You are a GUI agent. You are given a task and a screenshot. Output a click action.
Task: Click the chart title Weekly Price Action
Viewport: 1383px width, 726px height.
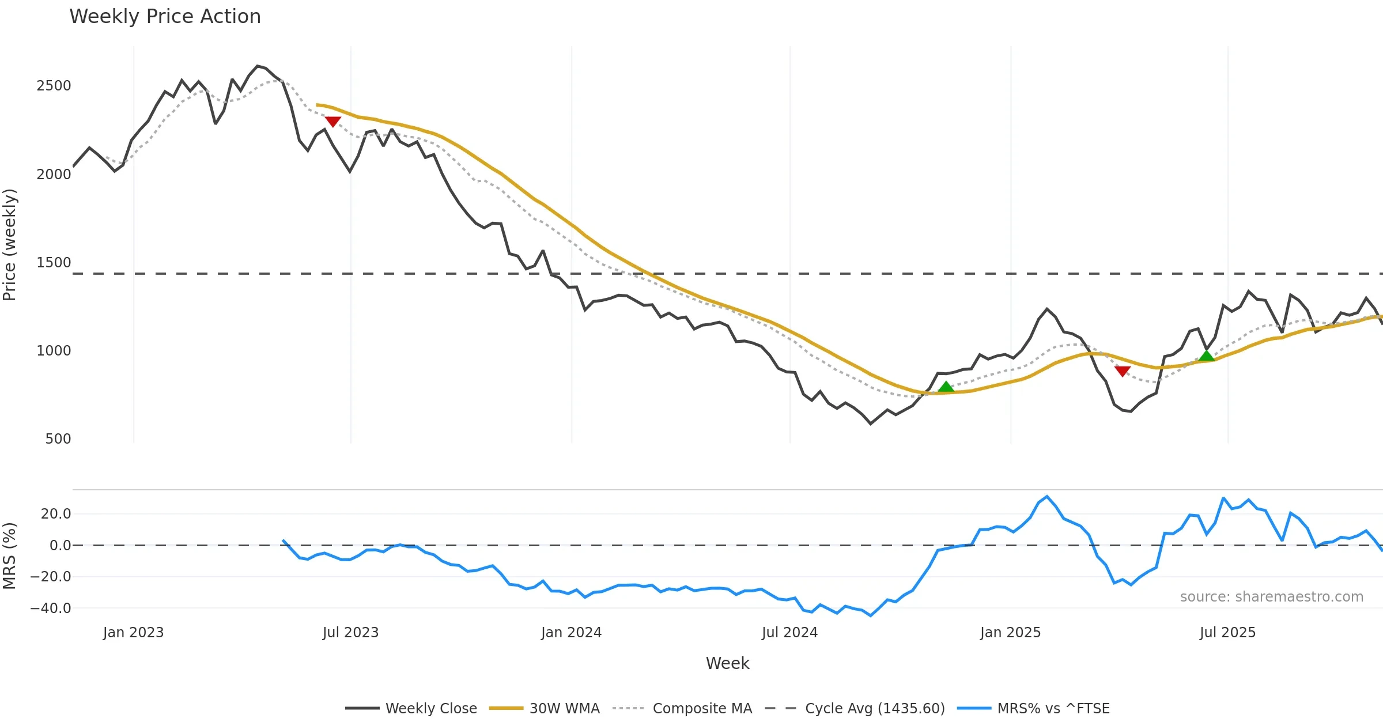tap(165, 17)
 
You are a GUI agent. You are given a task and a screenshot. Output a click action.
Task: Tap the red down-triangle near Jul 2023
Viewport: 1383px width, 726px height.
tap(333, 122)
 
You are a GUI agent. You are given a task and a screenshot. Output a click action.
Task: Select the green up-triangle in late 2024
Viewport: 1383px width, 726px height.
tap(946, 387)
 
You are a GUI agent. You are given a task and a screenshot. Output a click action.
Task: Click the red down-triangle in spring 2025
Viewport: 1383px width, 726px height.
tap(1122, 371)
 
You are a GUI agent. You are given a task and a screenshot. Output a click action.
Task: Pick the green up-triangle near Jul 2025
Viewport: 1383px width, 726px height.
tap(1206, 356)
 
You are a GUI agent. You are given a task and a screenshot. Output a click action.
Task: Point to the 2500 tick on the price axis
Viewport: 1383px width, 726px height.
tap(54, 86)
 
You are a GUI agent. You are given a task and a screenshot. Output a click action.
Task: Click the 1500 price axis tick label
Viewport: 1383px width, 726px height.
tap(54, 263)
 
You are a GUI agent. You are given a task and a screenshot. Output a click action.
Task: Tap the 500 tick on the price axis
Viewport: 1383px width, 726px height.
tap(58, 439)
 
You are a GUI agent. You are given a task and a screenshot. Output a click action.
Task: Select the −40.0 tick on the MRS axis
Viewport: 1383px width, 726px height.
tap(51, 608)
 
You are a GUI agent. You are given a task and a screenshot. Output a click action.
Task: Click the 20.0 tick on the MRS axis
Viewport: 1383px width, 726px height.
tap(55, 514)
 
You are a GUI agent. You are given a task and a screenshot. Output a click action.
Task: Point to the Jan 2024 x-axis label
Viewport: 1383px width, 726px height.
tap(571, 633)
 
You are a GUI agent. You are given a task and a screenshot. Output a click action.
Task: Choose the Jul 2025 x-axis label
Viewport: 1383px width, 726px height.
tap(1227, 633)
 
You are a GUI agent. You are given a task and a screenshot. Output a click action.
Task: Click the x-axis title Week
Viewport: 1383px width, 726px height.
tap(727, 664)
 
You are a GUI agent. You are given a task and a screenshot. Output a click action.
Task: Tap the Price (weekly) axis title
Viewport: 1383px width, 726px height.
tap(10, 245)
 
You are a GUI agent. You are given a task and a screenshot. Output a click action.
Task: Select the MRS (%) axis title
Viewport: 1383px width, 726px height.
tap(10, 555)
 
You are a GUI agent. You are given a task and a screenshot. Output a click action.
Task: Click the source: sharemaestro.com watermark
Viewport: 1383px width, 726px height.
tap(1271, 597)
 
